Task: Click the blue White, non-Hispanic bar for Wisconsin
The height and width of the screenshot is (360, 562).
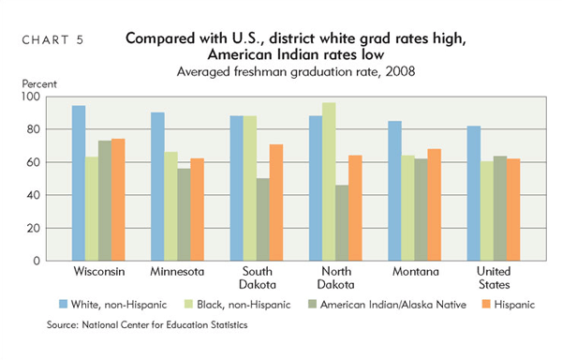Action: coord(79,183)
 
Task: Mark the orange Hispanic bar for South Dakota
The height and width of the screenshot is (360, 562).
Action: coord(276,202)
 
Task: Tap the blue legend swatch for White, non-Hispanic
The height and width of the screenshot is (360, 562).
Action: coord(63,305)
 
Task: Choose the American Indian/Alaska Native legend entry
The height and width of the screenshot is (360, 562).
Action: coord(380,305)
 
